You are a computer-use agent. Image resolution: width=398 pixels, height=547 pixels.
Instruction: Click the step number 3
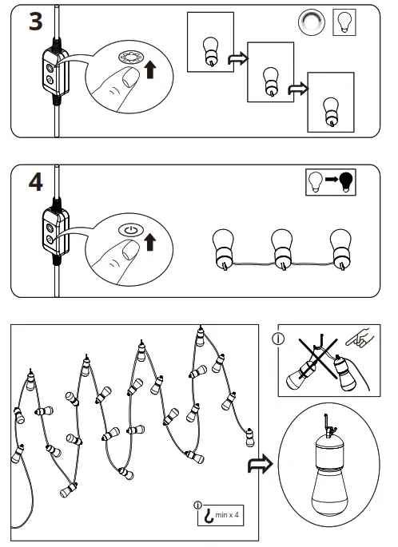coord(35,21)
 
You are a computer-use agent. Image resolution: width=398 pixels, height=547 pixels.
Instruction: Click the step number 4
coord(35,182)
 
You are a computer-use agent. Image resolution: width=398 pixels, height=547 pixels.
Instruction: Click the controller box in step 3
coord(53,73)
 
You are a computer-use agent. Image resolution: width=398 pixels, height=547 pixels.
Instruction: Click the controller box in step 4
coord(53,233)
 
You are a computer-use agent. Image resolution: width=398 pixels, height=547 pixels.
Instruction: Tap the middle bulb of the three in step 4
coord(282,247)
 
